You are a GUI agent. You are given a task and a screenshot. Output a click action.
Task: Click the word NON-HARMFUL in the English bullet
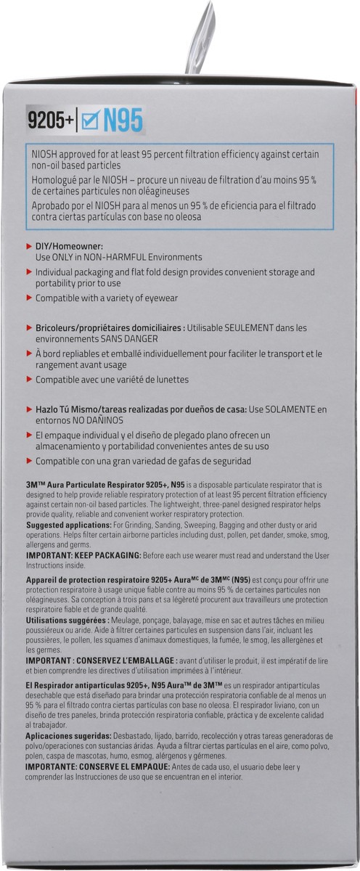click(x=139, y=257)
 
